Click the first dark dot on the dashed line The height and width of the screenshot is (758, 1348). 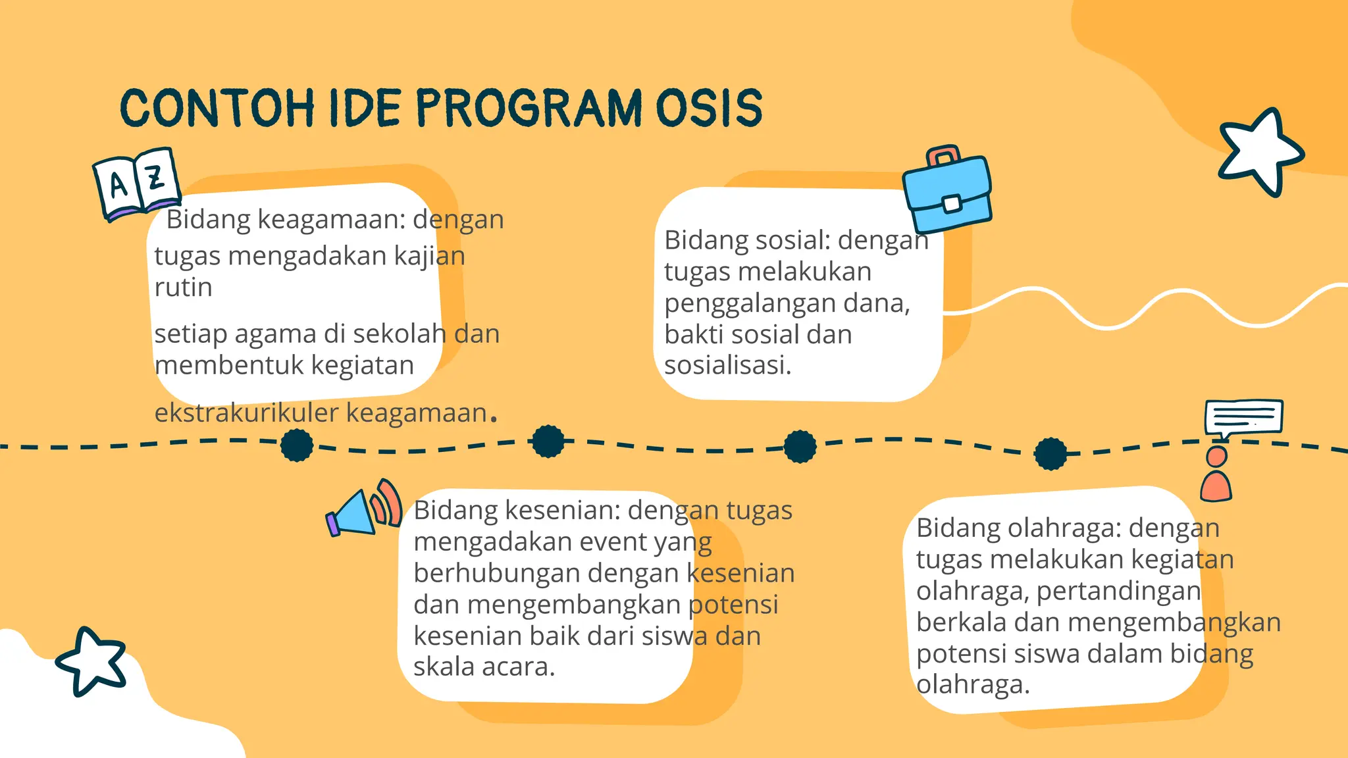[x=297, y=445]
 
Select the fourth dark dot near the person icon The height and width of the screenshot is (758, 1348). [x=1050, y=453]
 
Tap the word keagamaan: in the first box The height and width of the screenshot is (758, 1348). [x=332, y=220]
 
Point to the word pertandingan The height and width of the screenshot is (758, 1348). [x=1118, y=591]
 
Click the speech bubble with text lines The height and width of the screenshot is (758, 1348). [x=1243, y=417]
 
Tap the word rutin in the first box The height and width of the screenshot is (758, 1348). [x=183, y=288]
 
